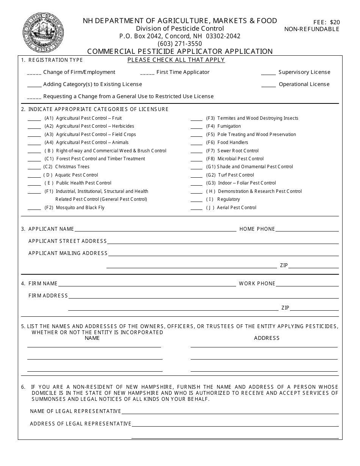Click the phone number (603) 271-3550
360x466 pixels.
click(180, 44)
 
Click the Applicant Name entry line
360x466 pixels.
click(155, 230)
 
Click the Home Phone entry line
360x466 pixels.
click(307, 230)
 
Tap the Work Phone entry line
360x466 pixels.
click(307, 285)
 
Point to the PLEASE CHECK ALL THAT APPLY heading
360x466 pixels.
click(176, 60)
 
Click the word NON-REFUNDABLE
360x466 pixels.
click(312, 29)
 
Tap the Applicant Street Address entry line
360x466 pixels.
click(222, 242)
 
